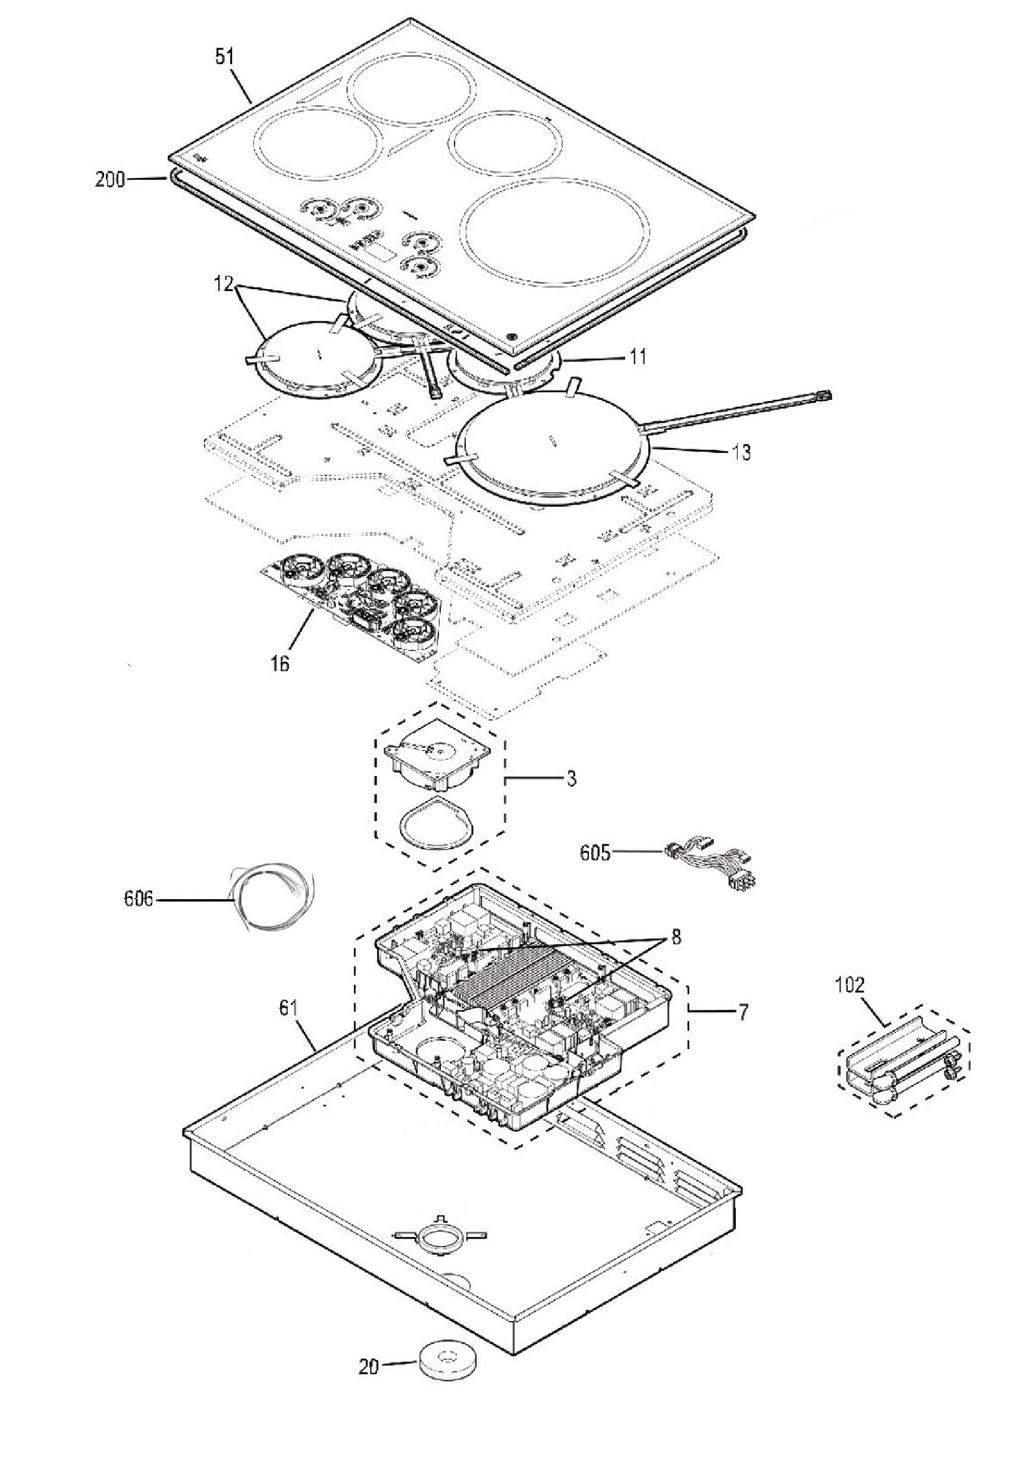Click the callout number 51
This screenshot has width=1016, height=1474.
pyautogui.click(x=225, y=58)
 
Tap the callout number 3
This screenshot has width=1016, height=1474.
pyautogui.click(x=571, y=778)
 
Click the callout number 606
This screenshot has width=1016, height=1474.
pyautogui.click(x=139, y=899)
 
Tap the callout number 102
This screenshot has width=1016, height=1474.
pyautogui.click(x=850, y=985)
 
